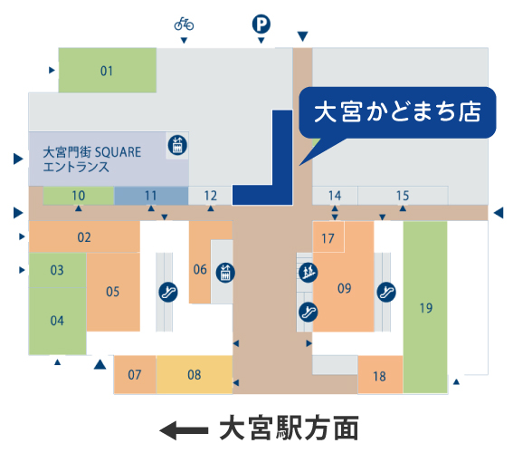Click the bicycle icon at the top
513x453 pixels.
pos(184,24)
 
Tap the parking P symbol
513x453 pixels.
pos(261,24)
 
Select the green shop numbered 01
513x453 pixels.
pos(108,70)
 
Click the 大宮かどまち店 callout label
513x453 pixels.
pos(397,112)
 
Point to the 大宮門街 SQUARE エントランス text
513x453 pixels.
pos(92,159)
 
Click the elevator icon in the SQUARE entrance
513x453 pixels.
pos(177,145)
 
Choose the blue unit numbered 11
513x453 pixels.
pos(151,196)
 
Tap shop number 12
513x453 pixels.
pos(211,196)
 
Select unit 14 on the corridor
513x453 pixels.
pos(335,196)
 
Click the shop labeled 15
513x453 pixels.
pos(403,196)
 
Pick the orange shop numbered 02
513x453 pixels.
pos(84,236)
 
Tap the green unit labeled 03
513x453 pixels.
pos(57,270)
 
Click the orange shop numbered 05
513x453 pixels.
pos(113,292)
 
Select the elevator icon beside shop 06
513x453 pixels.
pos(225,273)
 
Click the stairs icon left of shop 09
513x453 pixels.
pos(309,272)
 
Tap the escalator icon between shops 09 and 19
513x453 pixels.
pos(386,292)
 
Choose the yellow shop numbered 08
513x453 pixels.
pos(195,375)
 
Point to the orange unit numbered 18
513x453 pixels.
pos(380,375)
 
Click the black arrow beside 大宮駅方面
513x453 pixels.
pos(184,430)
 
